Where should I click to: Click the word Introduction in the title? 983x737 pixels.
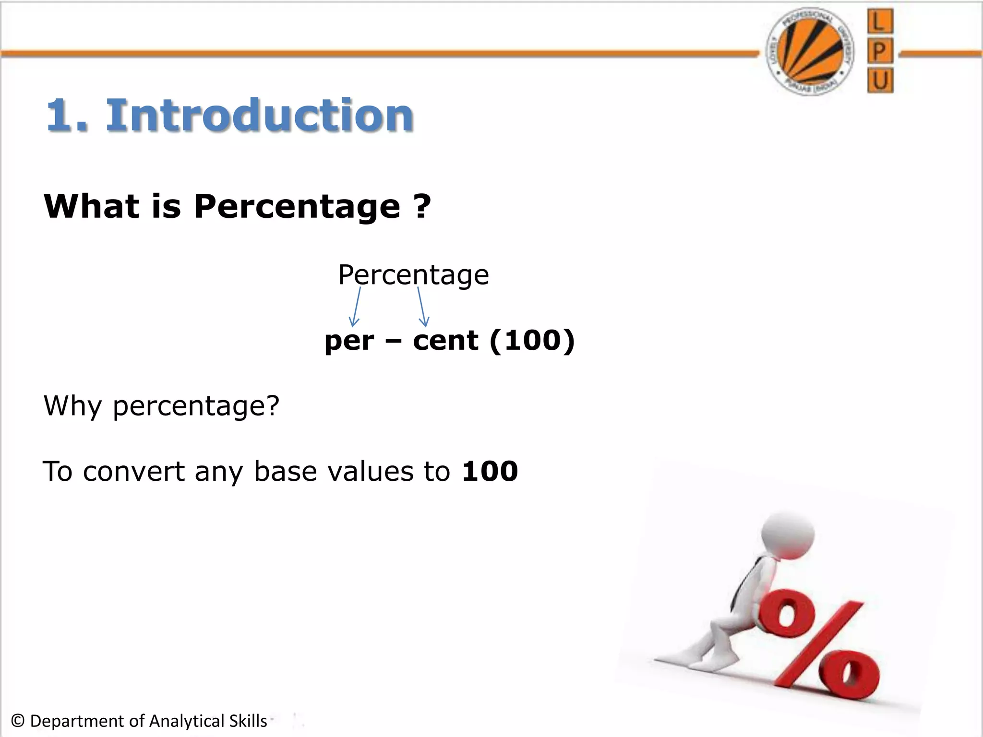click(x=259, y=115)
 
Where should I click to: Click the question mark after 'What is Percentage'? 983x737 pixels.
click(x=421, y=206)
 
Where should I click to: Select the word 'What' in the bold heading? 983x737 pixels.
click(x=91, y=206)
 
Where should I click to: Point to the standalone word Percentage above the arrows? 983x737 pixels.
click(x=413, y=275)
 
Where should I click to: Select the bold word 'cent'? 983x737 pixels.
click(x=445, y=341)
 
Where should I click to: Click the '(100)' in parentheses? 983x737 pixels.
click(x=532, y=341)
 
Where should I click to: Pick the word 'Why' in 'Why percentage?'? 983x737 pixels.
click(x=72, y=406)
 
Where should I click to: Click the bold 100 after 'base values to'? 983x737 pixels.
click(x=490, y=471)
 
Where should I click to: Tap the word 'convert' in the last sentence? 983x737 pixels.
click(x=133, y=472)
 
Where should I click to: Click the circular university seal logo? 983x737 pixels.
click(x=810, y=51)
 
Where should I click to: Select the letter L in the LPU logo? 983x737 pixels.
click(x=880, y=22)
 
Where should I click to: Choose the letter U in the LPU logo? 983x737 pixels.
click(x=880, y=80)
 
